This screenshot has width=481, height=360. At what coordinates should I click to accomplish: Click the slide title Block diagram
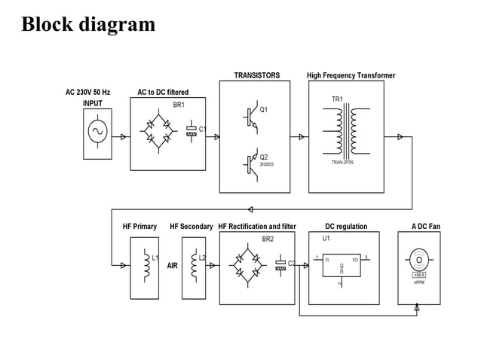coord(88,24)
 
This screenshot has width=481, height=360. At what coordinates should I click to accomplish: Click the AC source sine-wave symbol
coord(97,132)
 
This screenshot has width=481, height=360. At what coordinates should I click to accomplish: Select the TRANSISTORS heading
coord(256,75)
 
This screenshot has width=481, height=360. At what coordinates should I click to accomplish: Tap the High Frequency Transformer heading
coord(351,75)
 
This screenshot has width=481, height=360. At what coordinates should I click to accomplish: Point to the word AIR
coord(173,266)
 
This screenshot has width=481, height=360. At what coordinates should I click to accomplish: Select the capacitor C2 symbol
coord(281,264)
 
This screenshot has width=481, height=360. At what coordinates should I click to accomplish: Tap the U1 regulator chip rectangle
coord(342,264)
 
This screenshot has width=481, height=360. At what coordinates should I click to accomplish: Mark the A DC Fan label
coord(425,226)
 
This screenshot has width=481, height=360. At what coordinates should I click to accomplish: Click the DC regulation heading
coord(346,226)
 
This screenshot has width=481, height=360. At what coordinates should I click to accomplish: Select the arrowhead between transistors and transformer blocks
coord(302,137)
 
